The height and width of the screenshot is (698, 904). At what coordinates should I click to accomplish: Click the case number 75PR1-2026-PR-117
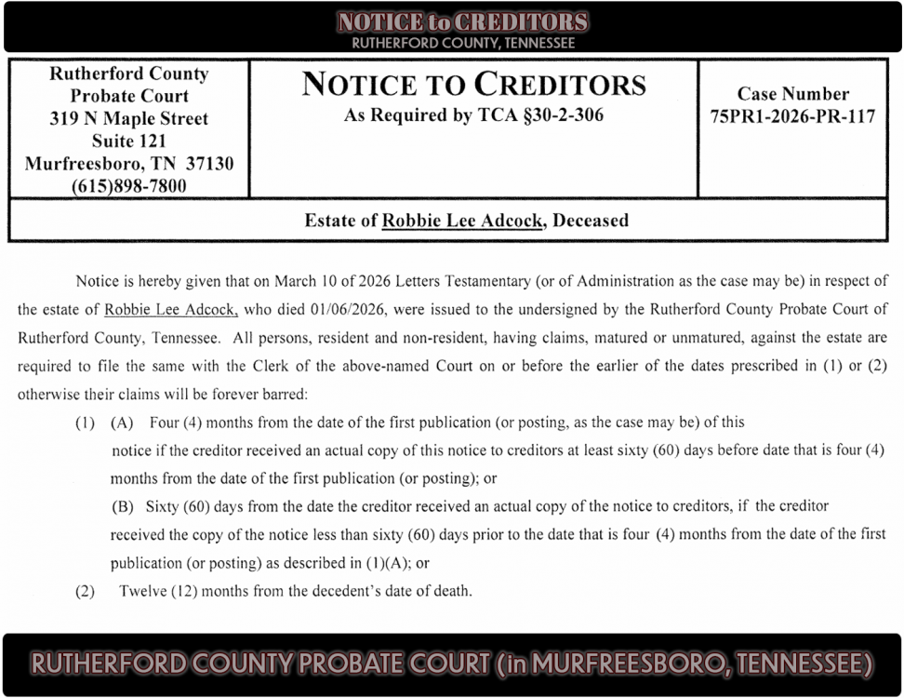tap(791, 118)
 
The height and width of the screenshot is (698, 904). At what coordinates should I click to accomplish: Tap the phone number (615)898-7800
tap(128, 186)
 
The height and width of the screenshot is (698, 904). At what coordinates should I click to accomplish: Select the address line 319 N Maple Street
tap(128, 118)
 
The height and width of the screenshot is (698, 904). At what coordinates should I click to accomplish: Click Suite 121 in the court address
tap(128, 141)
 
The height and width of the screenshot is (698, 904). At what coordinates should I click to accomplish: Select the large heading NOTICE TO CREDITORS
tap(473, 85)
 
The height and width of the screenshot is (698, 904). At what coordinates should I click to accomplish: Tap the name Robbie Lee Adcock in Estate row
tap(462, 221)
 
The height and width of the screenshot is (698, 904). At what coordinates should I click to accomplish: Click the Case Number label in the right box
tap(792, 94)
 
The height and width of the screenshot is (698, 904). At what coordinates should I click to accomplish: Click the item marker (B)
tap(123, 506)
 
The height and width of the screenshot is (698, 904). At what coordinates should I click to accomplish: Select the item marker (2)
tap(85, 591)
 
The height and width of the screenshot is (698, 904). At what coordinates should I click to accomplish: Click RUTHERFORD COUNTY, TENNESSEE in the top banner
tap(462, 43)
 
